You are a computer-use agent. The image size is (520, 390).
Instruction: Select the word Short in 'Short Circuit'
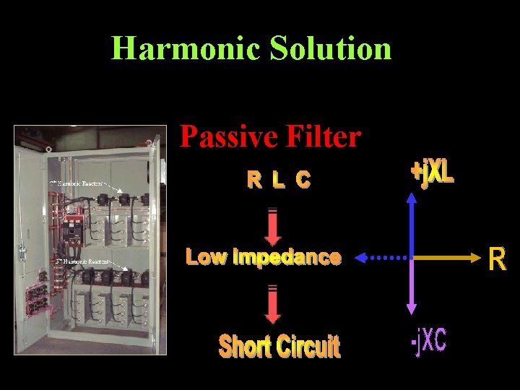coord(246,347)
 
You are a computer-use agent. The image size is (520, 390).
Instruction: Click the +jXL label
coord(432,172)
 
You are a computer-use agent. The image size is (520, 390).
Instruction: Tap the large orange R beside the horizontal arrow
coord(497,259)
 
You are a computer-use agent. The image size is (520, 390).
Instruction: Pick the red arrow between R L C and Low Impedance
coord(273,227)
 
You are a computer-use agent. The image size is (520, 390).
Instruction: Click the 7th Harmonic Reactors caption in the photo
coord(76,183)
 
